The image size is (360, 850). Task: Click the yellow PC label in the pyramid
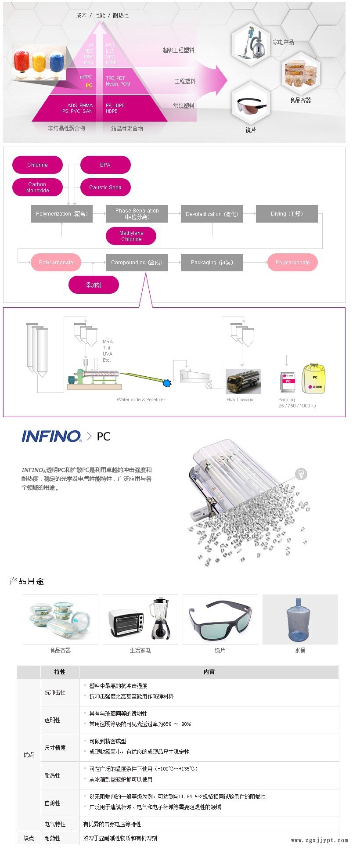click(x=89, y=86)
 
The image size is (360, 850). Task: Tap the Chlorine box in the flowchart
click(x=37, y=165)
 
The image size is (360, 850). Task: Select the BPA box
click(x=105, y=165)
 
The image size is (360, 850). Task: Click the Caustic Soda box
click(x=105, y=187)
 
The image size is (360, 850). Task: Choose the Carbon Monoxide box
click(x=37, y=187)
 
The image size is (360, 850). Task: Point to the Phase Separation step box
click(x=137, y=214)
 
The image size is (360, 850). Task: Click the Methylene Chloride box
click(x=131, y=236)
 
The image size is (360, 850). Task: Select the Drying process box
click(x=287, y=214)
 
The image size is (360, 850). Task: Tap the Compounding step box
click(x=137, y=263)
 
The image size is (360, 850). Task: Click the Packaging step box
click(x=212, y=263)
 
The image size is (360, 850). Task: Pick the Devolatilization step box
click(x=212, y=214)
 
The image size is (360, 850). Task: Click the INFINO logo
click(x=51, y=436)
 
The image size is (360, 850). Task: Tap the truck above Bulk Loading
click(x=243, y=381)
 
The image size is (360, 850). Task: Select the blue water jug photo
click(x=300, y=619)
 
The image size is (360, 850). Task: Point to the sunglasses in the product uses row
click(x=220, y=619)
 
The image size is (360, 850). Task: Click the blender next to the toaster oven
click(x=161, y=618)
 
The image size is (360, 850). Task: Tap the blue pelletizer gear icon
click(x=166, y=383)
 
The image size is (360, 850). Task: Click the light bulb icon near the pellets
click(x=301, y=474)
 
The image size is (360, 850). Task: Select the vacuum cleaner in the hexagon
click(x=251, y=43)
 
